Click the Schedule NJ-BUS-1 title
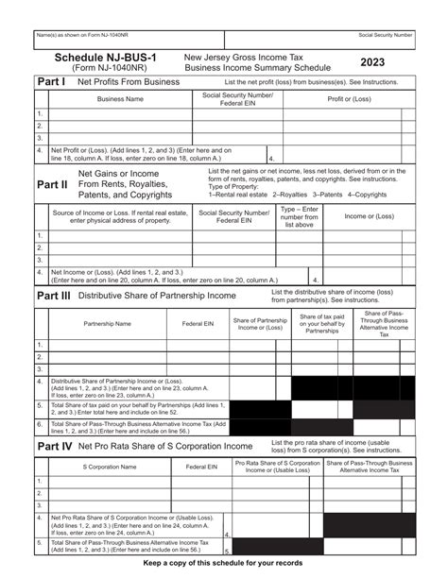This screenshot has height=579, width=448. coord(105,58)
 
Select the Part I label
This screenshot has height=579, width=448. coord(51,82)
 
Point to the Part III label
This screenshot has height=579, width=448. coord(54,295)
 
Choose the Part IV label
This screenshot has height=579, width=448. coord(53,444)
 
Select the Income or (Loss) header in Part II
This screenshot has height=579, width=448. coord(369,217)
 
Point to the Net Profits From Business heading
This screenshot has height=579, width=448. coord(129,82)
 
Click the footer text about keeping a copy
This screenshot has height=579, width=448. coord(223,563)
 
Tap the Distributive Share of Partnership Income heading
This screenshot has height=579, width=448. coord(157,296)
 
